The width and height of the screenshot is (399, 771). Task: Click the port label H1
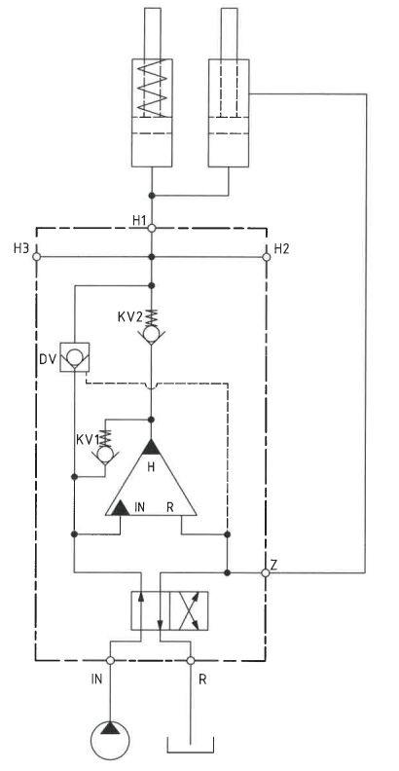(139, 220)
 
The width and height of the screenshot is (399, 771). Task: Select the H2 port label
(281, 248)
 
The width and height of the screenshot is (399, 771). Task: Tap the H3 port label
(21, 248)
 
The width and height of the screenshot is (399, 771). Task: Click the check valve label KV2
(129, 316)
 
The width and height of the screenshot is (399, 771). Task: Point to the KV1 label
(89, 438)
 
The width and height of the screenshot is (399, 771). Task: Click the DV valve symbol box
(75, 356)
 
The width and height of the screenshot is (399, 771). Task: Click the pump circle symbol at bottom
(111, 741)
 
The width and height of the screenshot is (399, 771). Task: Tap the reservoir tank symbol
(191, 745)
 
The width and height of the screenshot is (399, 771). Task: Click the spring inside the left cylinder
(152, 89)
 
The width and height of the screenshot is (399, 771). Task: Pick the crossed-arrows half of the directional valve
(189, 610)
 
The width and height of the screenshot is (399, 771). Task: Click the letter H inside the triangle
(152, 467)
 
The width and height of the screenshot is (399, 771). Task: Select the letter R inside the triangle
(170, 507)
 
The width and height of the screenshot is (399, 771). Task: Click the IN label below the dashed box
(96, 679)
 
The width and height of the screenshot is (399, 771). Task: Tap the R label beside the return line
(202, 679)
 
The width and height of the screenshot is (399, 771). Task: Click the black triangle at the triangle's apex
(152, 447)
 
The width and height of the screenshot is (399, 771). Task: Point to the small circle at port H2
(267, 257)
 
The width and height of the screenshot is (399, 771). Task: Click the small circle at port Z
(266, 572)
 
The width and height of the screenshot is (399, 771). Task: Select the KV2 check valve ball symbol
(152, 334)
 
